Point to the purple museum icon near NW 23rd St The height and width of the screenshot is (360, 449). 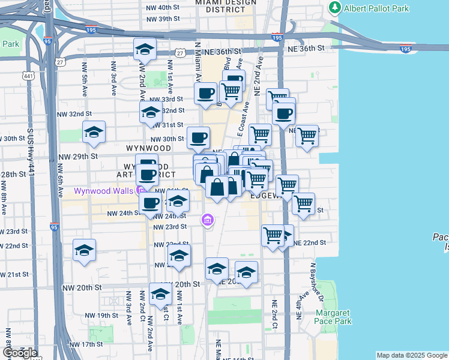208,220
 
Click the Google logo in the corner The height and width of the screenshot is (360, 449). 20,353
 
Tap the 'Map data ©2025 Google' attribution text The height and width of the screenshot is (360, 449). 411,355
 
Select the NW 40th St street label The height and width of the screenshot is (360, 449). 163,7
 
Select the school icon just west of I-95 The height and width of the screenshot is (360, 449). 84,250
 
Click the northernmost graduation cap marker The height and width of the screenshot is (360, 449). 144,50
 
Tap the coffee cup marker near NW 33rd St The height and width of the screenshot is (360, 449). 206,94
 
